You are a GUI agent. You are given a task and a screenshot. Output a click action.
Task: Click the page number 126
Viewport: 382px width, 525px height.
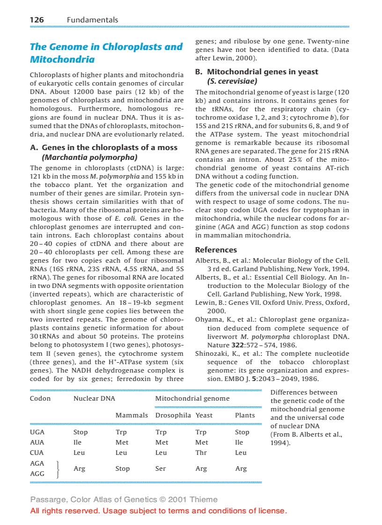click(37, 20)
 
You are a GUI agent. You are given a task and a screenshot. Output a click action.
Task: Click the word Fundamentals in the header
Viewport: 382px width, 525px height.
click(92, 20)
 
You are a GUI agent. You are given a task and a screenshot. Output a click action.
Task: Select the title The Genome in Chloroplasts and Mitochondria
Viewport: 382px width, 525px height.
click(106, 53)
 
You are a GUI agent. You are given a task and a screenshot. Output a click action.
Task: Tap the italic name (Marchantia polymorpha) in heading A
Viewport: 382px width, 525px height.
click(90, 157)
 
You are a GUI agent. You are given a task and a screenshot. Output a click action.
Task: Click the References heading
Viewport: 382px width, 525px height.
click(216, 250)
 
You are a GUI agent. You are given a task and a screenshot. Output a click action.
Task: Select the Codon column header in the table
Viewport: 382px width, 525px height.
click(40, 398)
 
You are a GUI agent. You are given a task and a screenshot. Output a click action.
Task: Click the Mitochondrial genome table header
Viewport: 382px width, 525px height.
click(192, 398)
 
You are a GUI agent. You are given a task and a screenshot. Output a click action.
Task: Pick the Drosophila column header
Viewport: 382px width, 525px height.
click(173, 415)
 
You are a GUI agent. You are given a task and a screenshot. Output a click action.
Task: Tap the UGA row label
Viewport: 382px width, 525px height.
click(37, 432)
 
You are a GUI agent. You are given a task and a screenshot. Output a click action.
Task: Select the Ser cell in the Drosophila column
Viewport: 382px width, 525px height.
click(161, 468)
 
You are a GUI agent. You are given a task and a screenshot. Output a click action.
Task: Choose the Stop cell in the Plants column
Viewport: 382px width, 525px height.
click(242, 432)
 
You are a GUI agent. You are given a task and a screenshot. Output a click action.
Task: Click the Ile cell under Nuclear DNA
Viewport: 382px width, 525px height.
click(77, 442)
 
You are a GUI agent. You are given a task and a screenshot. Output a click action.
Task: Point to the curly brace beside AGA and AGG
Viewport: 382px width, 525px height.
click(57, 468)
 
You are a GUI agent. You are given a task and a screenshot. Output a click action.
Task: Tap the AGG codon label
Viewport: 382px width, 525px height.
click(37, 474)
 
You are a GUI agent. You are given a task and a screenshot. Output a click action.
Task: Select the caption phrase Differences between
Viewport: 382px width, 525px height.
click(303, 392)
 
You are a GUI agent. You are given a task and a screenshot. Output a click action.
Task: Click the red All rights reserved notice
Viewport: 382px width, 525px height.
click(158, 511)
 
